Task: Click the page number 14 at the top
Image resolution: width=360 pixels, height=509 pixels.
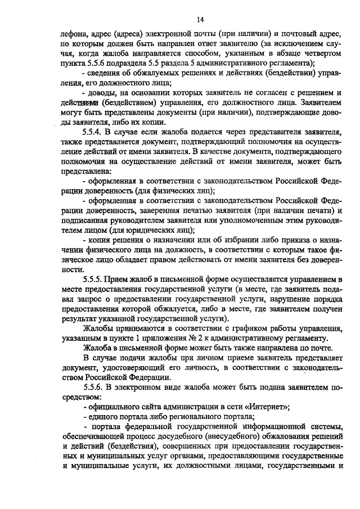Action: (x=200, y=20)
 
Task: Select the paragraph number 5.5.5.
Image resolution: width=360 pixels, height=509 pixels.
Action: (x=91, y=278)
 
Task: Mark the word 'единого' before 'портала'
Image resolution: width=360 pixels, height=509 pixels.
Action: (x=102, y=416)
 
